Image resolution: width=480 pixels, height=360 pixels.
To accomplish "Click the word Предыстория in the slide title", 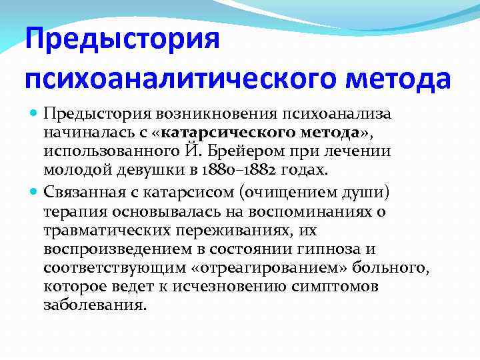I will pyautogui.click(x=122, y=41).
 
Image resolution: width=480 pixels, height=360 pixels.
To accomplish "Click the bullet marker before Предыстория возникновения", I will pyautogui.click(x=35, y=114).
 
